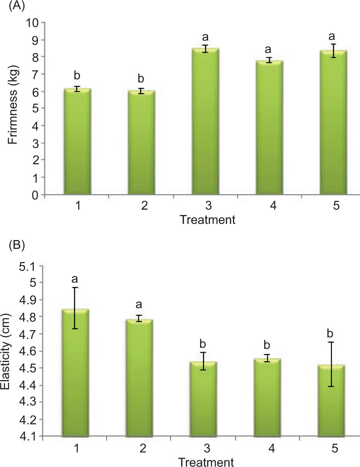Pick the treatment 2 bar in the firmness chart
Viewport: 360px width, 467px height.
coord(141,142)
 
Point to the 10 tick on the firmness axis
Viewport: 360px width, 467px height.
coord(34,23)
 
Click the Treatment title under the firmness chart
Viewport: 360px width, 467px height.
coord(207,220)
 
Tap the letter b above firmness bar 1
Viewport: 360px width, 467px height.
coord(77,75)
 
